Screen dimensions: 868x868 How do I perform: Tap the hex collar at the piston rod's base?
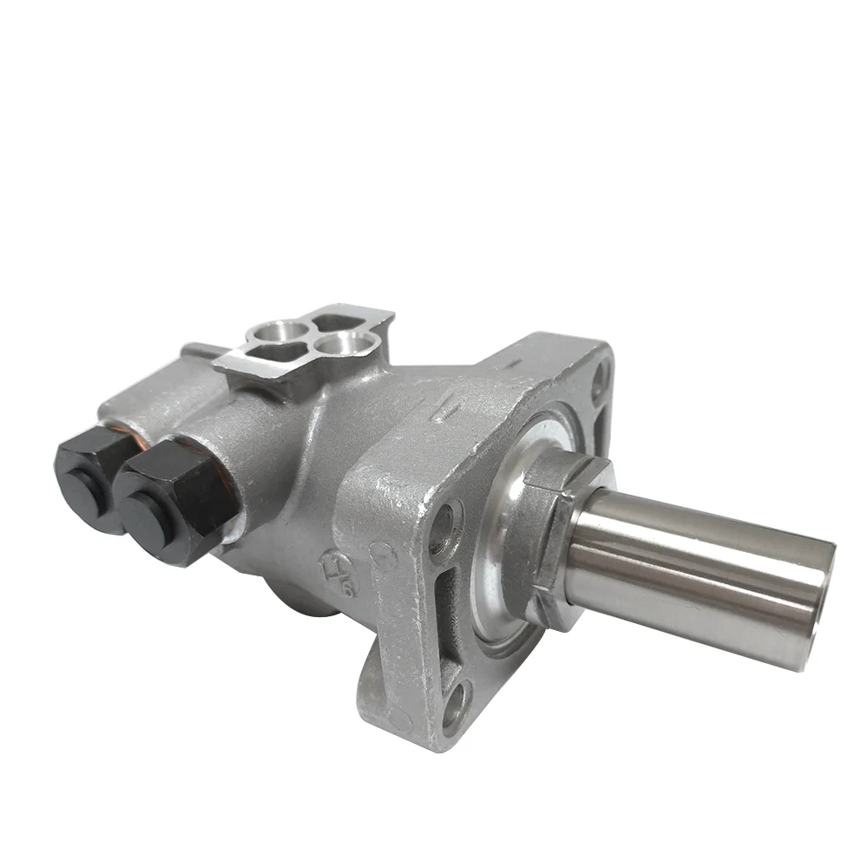tap(556, 529)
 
